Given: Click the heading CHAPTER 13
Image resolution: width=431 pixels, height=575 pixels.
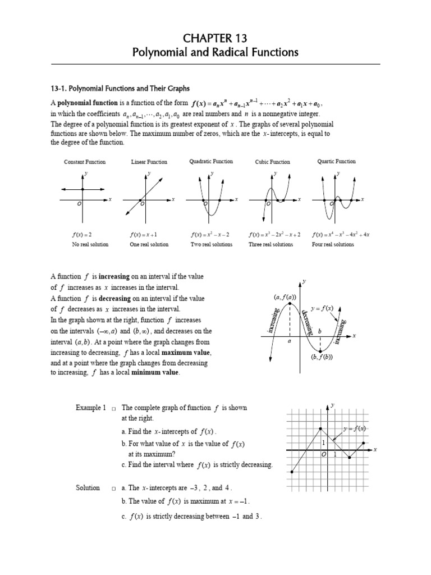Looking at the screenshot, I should tap(215, 38).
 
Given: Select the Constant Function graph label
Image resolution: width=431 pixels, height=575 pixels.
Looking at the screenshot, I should tap(85, 162).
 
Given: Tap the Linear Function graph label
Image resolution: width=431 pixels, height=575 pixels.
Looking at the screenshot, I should tap(149, 162).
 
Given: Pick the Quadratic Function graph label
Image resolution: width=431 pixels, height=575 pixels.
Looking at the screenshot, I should tap(211, 161).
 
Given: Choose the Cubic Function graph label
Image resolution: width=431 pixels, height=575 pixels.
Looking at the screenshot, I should tap(273, 162).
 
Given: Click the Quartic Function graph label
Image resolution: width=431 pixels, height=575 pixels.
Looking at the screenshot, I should tap(336, 161).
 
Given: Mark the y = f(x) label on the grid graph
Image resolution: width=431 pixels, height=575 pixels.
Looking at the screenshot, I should tap(355, 428).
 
